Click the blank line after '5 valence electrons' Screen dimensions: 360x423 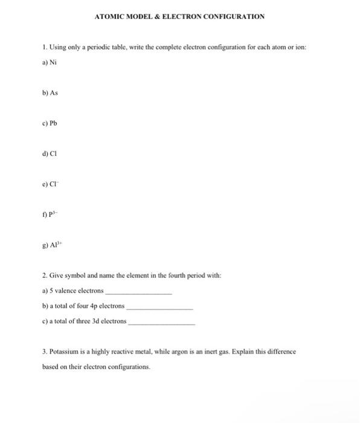[138, 292]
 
